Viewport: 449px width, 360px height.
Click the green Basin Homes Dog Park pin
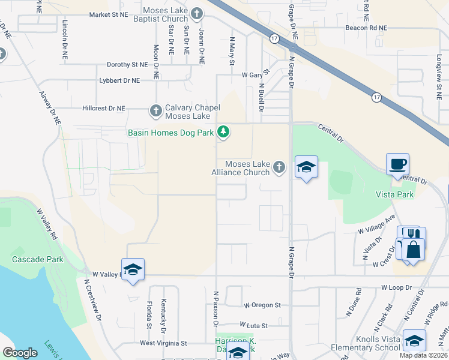coord(223,131)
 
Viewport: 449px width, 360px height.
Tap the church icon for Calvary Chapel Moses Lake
coord(156,110)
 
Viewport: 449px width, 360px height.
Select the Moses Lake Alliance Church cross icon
coord(279,167)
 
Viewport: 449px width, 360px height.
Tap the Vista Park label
coord(394,195)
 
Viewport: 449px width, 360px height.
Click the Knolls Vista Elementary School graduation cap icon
coord(414,341)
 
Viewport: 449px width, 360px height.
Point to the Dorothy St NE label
coord(127,64)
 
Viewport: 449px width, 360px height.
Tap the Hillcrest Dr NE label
coord(104,109)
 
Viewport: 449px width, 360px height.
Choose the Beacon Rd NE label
coord(366,28)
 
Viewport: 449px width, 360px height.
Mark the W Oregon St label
coord(262,305)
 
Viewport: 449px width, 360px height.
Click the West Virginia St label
coord(164,344)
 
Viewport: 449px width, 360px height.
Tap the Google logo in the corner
coord(20,353)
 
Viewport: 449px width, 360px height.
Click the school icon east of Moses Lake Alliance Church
coord(306,167)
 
